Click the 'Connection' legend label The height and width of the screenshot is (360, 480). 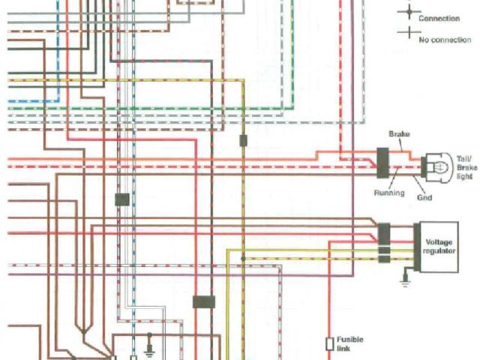click(x=439, y=18)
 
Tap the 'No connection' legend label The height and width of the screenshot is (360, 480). click(x=445, y=39)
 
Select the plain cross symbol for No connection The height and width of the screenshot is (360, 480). click(x=409, y=32)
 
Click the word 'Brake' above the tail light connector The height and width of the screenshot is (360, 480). click(x=399, y=133)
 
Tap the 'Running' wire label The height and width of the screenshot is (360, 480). click(x=389, y=193)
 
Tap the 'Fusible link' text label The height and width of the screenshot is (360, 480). click(x=350, y=343)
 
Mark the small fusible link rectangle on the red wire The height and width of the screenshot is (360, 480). click(x=329, y=343)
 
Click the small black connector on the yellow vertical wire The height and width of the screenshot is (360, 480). click(x=243, y=140)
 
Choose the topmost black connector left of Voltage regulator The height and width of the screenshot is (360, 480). click(x=383, y=230)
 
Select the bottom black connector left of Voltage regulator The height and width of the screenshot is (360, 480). click(x=383, y=259)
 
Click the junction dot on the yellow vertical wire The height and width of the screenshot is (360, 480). click(x=242, y=259)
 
